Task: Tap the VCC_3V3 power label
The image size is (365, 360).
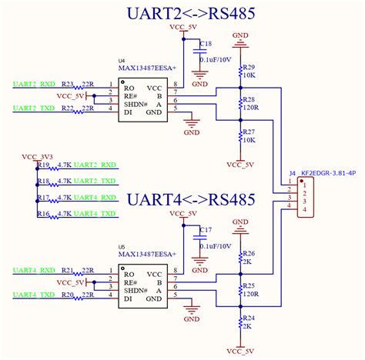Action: (x=37, y=157)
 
